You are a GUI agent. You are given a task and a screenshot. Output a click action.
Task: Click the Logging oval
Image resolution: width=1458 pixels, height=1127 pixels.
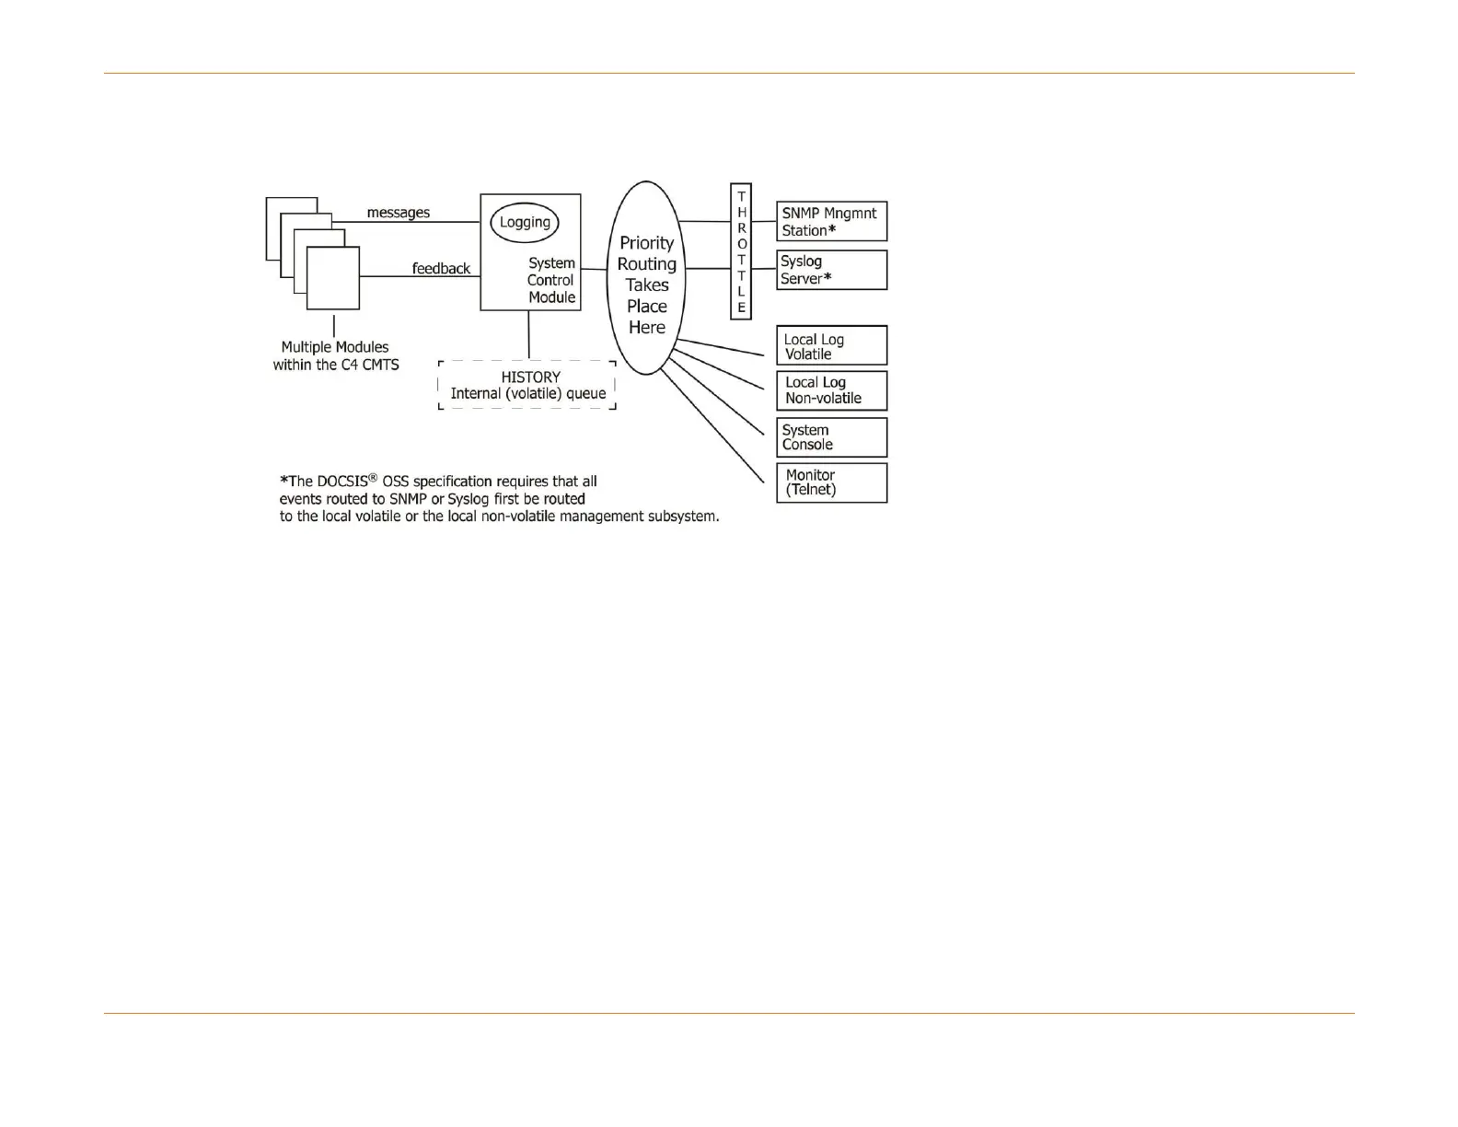click(524, 223)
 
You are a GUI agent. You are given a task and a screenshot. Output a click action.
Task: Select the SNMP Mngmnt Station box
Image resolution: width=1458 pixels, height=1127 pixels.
click(831, 221)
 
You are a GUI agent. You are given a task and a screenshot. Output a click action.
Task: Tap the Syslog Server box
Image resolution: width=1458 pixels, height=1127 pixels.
click(831, 270)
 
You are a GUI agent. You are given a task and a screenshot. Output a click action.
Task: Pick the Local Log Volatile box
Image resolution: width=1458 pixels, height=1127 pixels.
click(831, 346)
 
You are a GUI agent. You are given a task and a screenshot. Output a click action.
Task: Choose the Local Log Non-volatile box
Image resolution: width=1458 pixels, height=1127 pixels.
click(831, 390)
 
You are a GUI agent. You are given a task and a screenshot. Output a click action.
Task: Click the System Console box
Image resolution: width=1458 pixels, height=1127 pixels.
click(831, 437)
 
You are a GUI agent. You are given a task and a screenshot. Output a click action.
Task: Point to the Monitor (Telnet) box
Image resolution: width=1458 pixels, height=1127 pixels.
click(831, 482)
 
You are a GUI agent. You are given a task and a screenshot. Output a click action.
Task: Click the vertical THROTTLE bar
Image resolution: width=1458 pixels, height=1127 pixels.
click(741, 251)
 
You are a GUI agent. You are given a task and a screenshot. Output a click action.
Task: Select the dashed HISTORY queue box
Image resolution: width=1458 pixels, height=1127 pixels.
click(527, 385)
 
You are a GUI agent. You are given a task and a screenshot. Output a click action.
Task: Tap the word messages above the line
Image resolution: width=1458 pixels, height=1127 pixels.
click(398, 213)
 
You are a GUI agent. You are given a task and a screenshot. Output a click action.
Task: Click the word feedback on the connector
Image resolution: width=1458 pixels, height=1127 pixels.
click(441, 269)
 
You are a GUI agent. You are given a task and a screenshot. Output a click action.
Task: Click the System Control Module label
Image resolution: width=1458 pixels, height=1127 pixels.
click(551, 280)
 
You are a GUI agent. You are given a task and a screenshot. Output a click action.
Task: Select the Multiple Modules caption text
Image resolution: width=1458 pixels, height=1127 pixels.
click(335, 356)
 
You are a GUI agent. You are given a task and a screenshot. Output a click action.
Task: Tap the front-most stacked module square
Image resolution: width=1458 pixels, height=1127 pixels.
click(332, 278)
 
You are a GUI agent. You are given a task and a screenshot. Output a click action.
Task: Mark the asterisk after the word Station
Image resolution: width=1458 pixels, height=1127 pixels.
click(832, 230)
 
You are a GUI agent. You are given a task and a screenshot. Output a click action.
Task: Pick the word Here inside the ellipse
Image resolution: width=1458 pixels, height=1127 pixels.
click(646, 328)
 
